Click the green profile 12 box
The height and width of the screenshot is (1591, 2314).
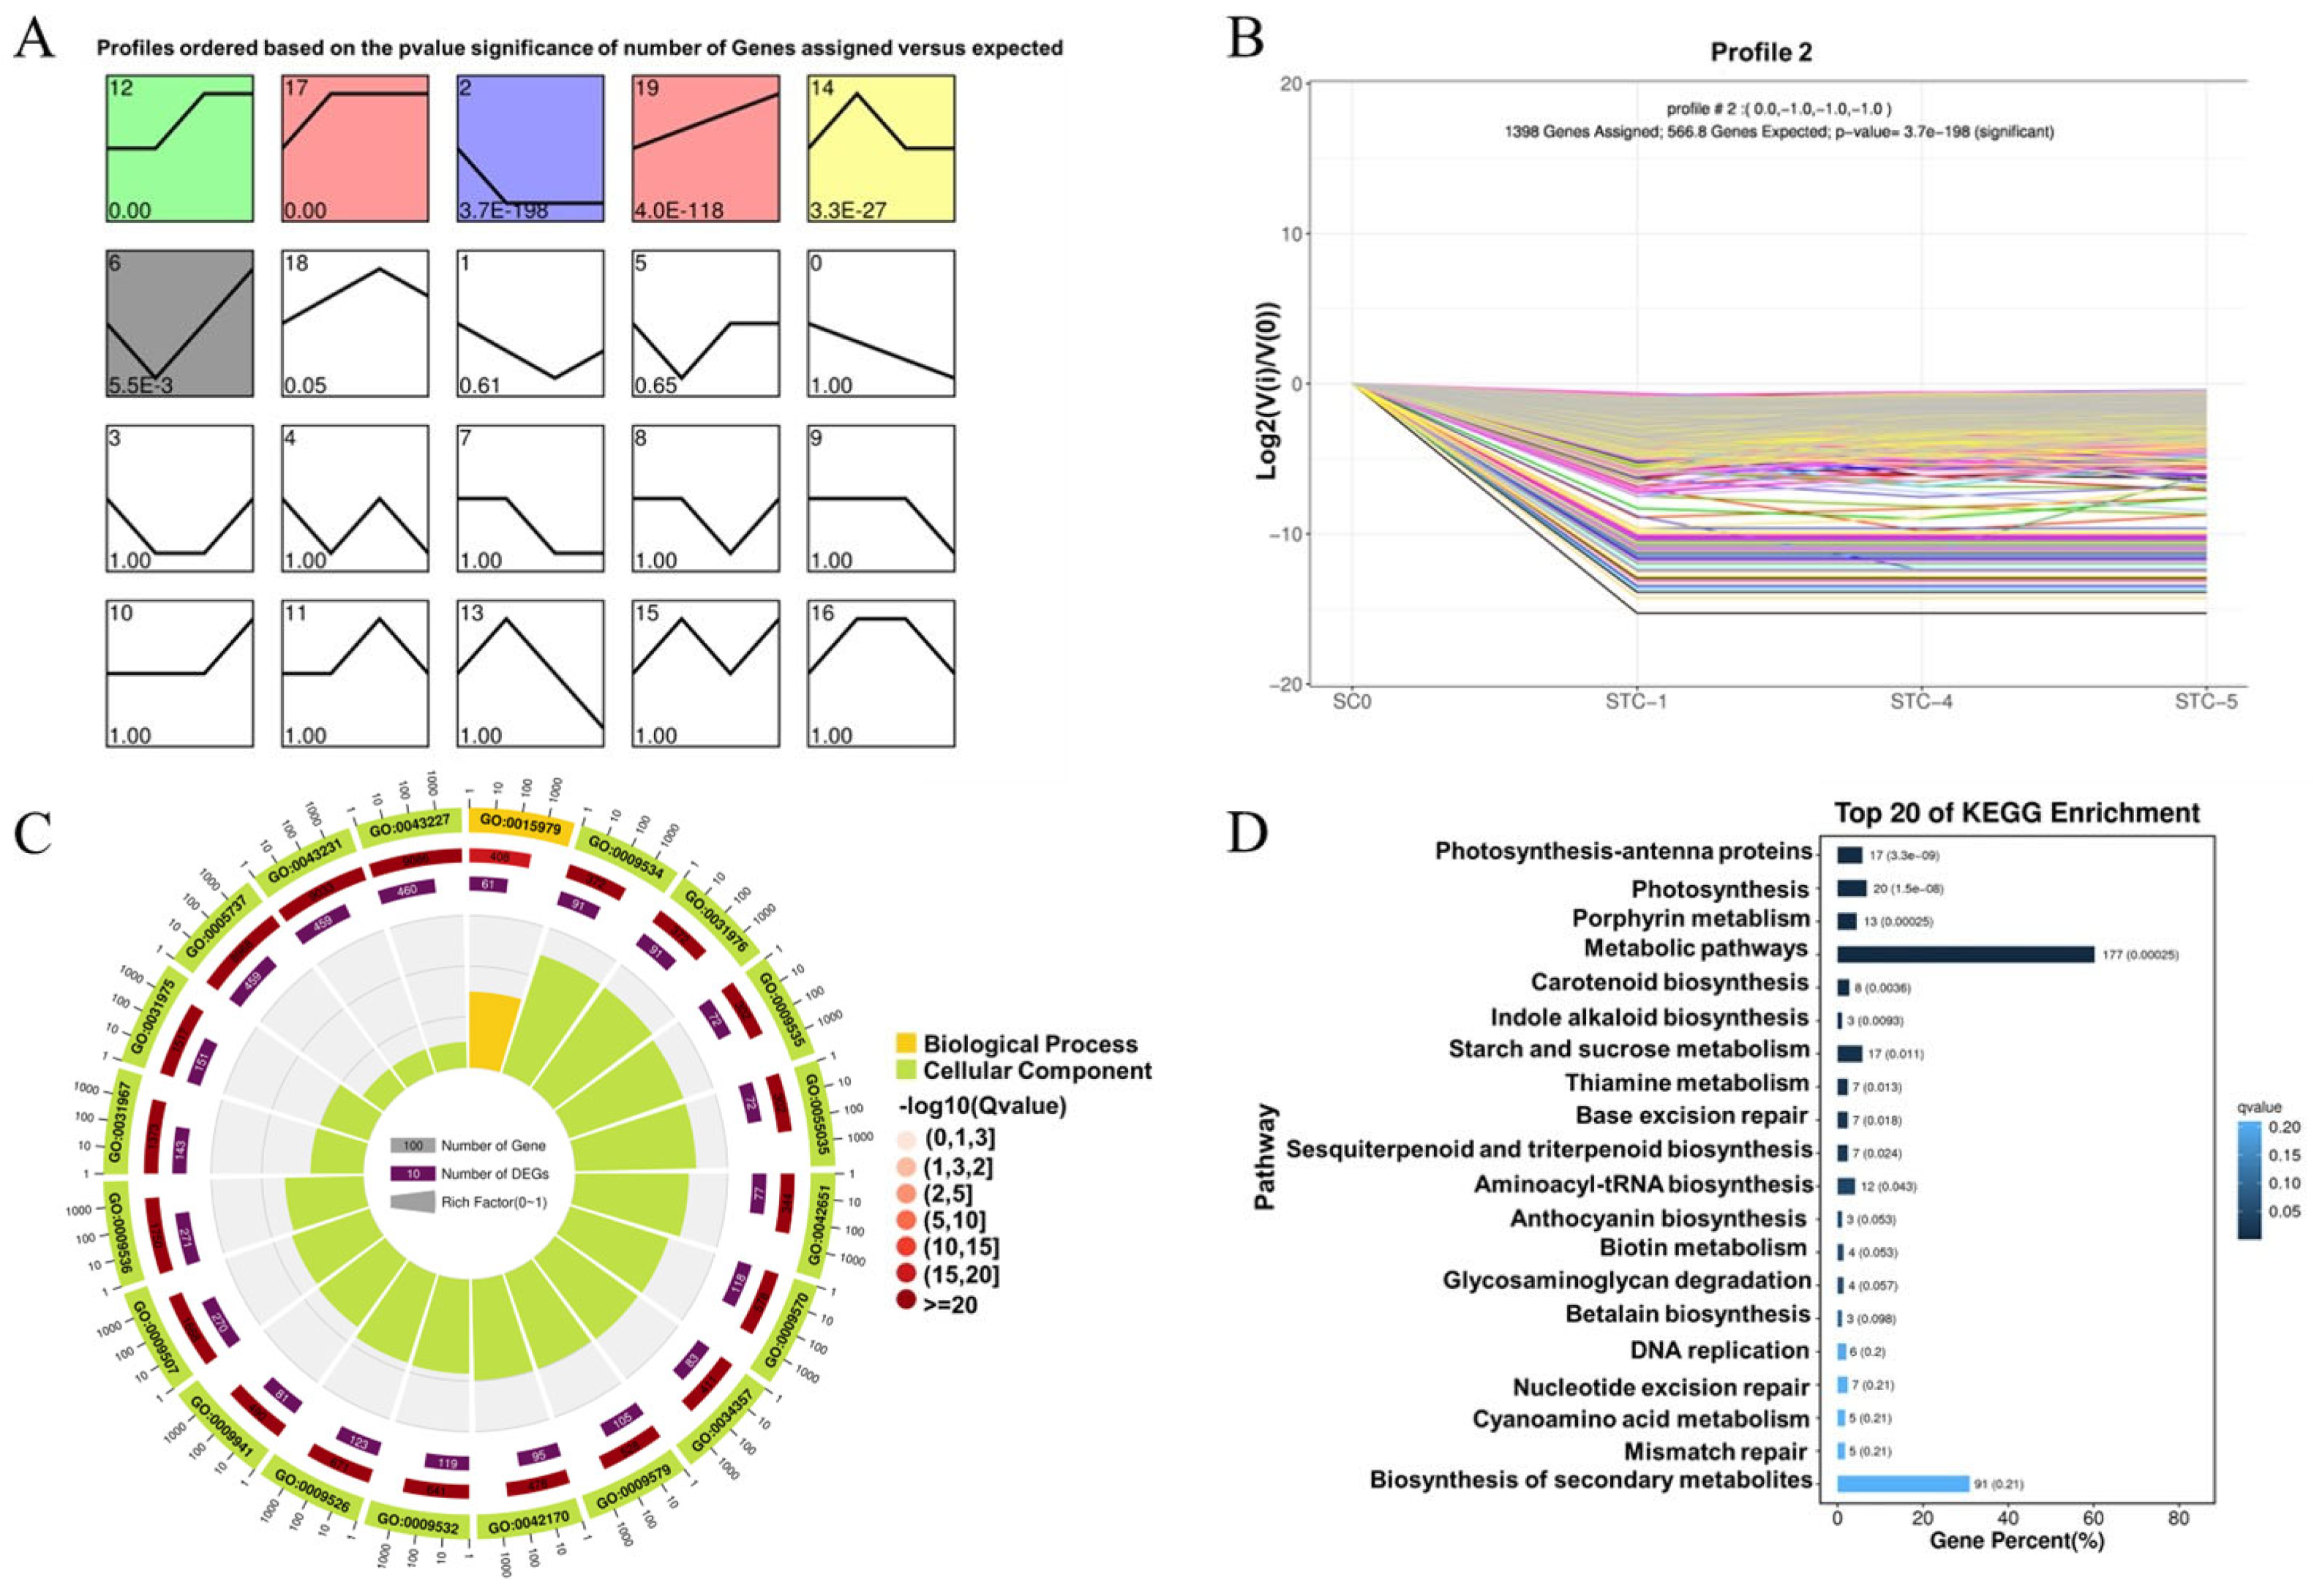[x=179, y=148]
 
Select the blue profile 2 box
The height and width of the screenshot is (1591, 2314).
[x=530, y=148]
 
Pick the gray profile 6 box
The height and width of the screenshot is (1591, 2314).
[x=179, y=323]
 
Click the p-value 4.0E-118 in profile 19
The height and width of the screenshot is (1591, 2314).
[x=679, y=211]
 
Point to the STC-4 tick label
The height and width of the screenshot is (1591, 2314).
[x=1920, y=702]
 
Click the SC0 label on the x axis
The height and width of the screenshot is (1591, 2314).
[x=1352, y=702]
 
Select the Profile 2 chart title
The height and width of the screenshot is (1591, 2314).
[x=1761, y=52]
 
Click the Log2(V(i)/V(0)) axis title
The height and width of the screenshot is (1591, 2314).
[x=1267, y=384]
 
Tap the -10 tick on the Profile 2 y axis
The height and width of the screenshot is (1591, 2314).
[x=1286, y=534]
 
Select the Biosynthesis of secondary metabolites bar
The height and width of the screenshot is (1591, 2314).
[x=1902, y=1483]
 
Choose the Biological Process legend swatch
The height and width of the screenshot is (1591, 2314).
[x=906, y=1044]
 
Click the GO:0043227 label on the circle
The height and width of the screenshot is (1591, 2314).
[x=410, y=824]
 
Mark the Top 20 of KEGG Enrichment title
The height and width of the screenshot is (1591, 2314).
[x=2016, y=813]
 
